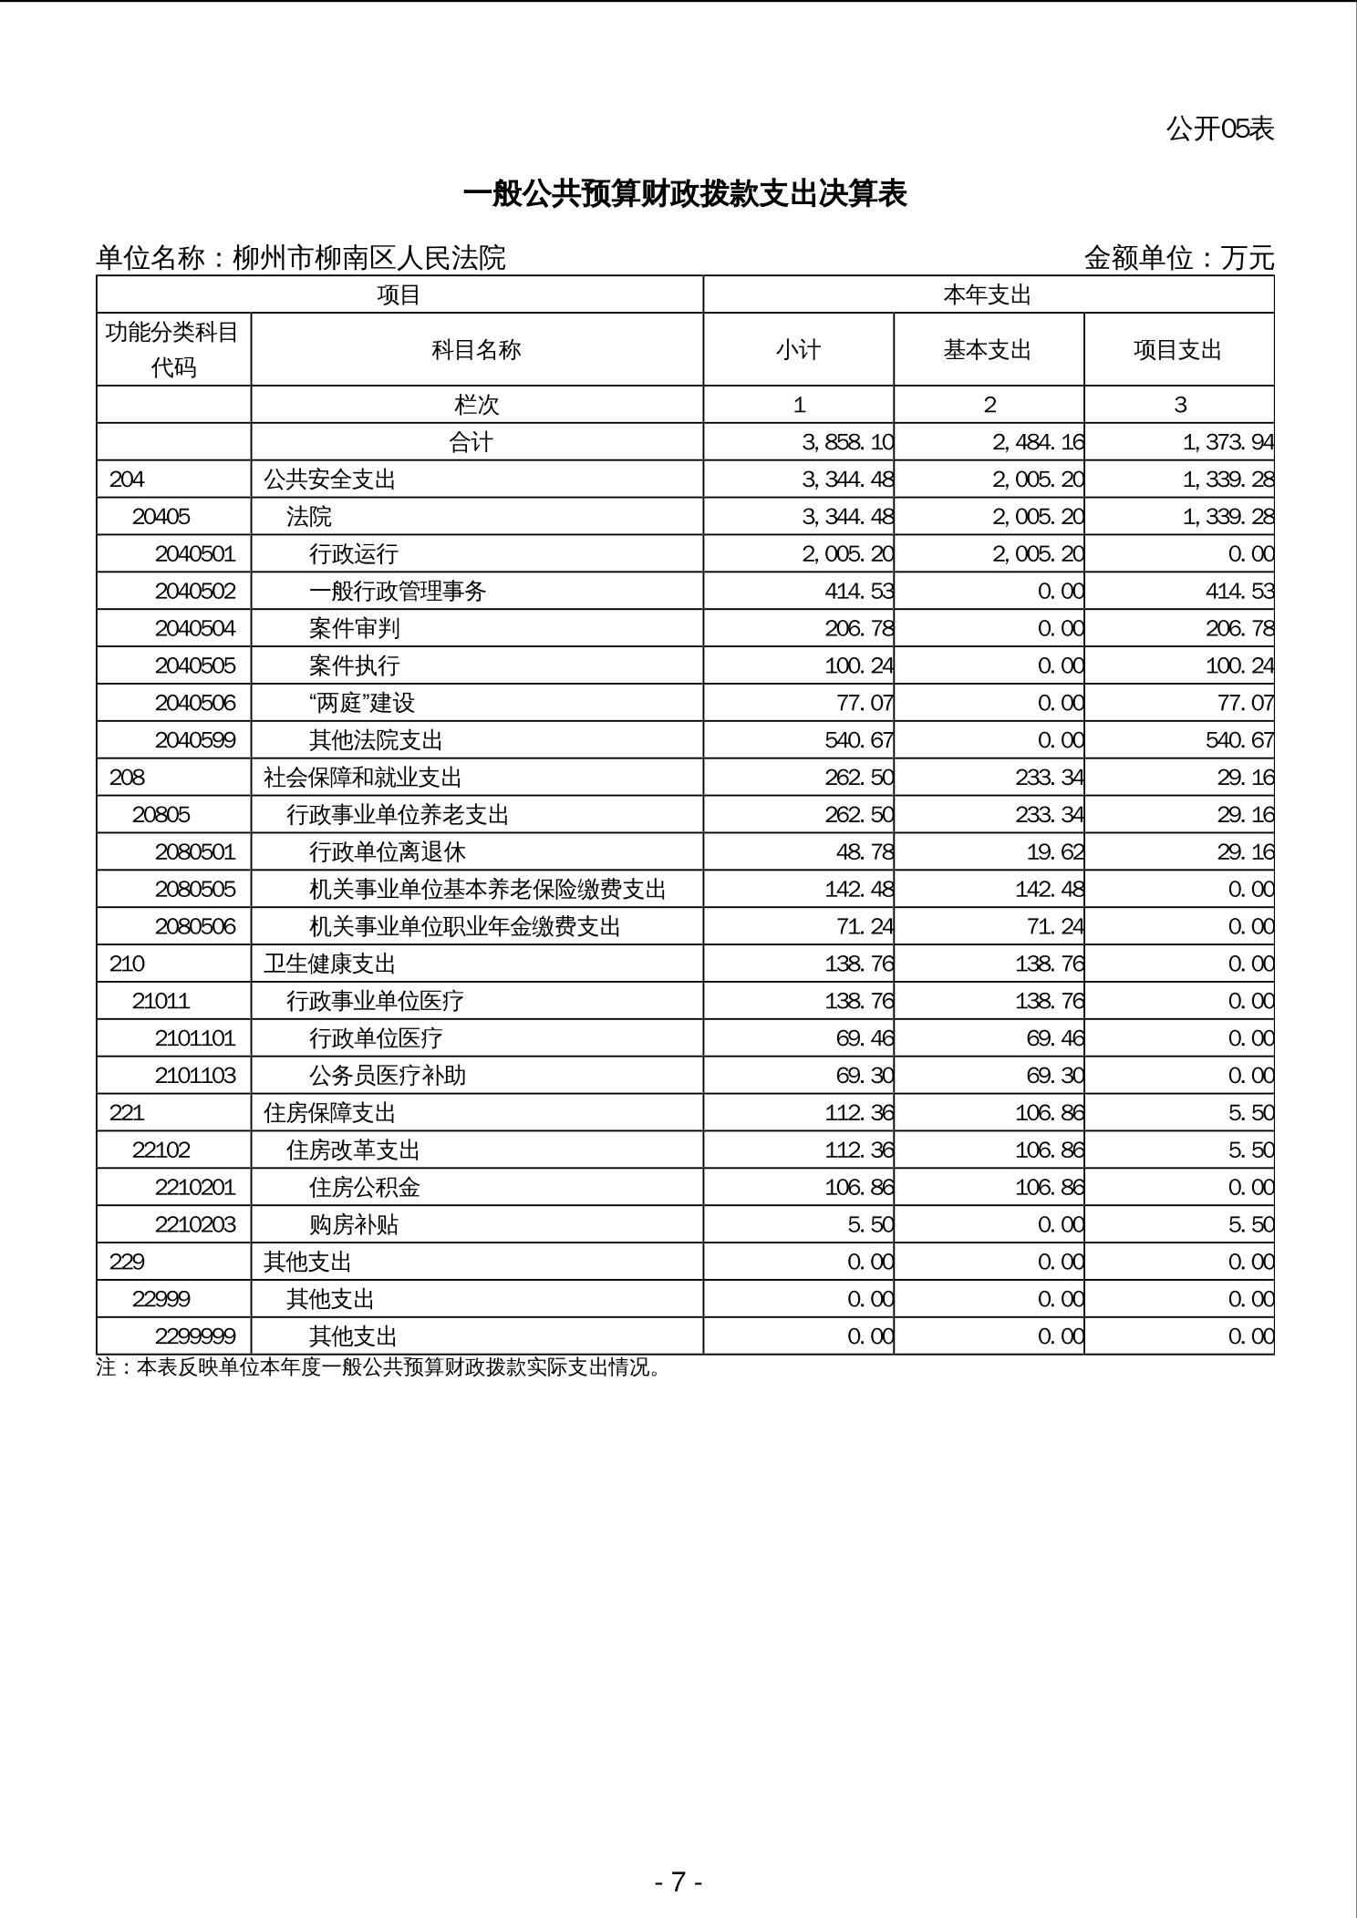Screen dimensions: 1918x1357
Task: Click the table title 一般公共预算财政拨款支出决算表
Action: point(685,194)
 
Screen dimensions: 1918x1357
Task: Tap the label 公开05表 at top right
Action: point(1219,129)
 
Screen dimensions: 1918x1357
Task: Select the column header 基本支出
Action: point(988,350)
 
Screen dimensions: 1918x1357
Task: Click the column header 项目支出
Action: point(1177,350)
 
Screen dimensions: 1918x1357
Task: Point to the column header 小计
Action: point(798,350)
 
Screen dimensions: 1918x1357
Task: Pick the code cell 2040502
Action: point(195,592)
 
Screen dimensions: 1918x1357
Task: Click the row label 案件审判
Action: point(355,629)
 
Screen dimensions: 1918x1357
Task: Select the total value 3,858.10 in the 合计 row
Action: point(847,443)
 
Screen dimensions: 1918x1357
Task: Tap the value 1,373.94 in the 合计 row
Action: point(1228,443)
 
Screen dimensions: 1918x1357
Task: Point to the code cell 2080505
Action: point(195,890)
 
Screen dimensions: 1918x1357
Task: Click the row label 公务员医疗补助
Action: point(388,1077)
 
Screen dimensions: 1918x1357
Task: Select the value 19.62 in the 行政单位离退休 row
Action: point(1051,852)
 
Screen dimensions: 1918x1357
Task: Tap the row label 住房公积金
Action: point(365,1188)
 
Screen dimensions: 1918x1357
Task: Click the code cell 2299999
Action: point(195,1337)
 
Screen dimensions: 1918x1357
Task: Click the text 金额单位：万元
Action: point(1178,259)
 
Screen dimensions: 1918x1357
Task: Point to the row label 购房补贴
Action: point(354,1225)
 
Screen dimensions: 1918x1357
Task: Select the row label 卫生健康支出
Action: point(330,964)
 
